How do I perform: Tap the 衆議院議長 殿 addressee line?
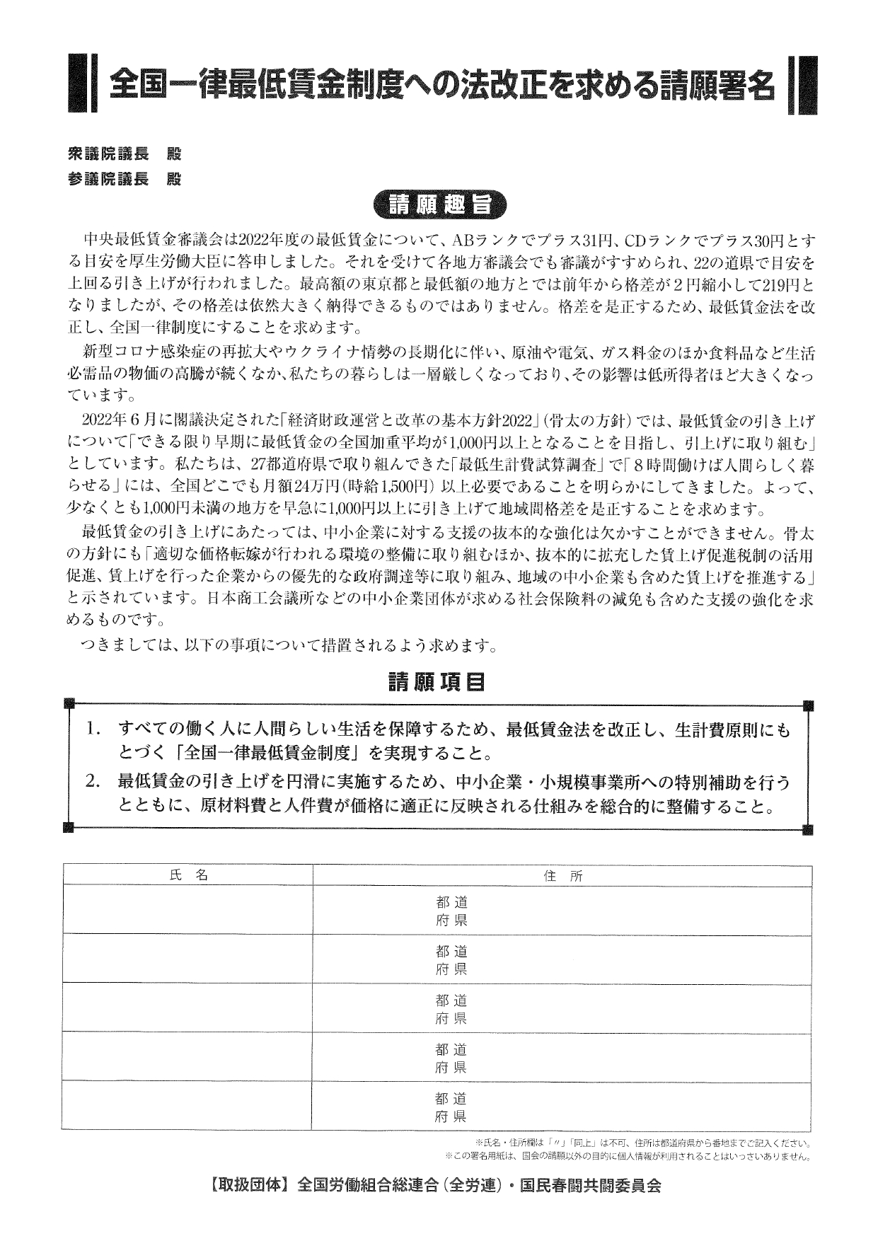(124, 154)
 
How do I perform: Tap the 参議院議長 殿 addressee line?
(124, 179)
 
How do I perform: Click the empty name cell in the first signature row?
(187, 910)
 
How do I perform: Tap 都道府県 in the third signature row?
(451, 1010)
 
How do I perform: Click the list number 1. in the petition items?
(95, 728)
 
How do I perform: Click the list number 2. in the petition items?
(95, 782)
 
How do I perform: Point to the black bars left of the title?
(79, 83)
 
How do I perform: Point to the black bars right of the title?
(801, 83)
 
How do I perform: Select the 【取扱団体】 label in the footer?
(250, 1187)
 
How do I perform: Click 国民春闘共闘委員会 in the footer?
(591, 1187)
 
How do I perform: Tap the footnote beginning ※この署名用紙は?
(627, 1157)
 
